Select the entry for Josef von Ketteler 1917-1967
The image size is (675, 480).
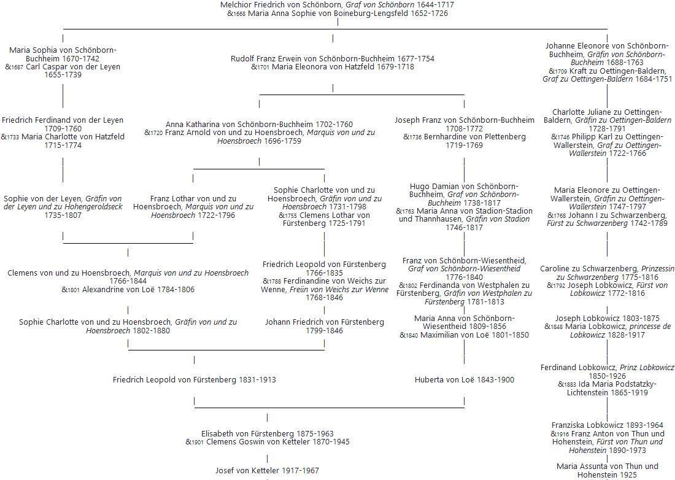[x=267, y=471]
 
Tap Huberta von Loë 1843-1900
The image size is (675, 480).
[x=464, y=380]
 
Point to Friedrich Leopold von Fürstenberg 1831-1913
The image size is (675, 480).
[x=194, y=380]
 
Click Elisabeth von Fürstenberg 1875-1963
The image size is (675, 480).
[x=267, y=433]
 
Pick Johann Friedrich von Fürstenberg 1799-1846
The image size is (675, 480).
[x=325, y=326]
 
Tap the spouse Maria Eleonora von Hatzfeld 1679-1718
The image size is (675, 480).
[x=343, y=67]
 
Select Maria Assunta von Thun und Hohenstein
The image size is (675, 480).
[x=607, y=470]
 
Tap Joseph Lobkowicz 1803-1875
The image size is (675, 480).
[x=607, y=319]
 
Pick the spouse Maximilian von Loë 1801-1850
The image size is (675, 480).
[x=474, y=335]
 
